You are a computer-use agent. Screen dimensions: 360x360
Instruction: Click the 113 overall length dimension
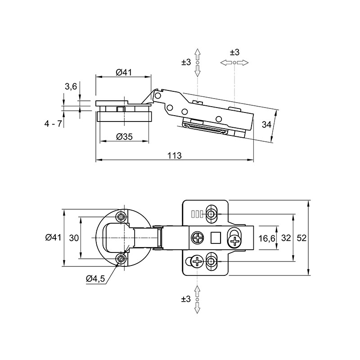(x=175, y=156)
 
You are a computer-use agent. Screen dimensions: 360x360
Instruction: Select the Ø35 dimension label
(x=125, y=137)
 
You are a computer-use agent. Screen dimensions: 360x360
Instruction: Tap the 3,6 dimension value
(x=71, y=87)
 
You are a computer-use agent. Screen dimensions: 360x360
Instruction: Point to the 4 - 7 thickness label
(x=53, y=124)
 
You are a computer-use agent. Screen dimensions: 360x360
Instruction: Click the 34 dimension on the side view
(x=266, y=125)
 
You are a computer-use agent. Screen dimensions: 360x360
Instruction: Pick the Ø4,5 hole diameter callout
(x=95, y=279)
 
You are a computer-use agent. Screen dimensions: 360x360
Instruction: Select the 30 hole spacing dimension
(x=74, y=238)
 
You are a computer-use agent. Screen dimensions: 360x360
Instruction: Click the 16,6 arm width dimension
(x=267, y=238)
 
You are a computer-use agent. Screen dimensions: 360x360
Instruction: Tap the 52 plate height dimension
(x=301, y=238)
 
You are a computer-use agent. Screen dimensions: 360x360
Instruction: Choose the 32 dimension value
(x=286, y=238)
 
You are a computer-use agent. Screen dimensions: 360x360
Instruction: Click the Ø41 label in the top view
(x=124, y=72)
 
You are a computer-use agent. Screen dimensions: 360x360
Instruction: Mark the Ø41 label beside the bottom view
(x=53, y=238)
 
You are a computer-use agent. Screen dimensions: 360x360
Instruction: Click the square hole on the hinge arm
(x=216, y=238)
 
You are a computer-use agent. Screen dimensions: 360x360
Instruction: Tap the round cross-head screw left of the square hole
(x=198, y=238)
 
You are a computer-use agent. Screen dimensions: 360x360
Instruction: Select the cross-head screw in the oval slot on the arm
(x=234, y=241)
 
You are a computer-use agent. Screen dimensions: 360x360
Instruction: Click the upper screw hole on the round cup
(x=121, y=216)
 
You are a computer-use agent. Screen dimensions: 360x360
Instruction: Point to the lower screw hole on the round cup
(x=121, y=259)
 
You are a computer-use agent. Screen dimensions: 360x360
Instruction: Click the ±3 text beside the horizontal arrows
(x=234, y=52)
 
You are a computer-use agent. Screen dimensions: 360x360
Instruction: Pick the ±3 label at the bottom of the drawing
(x=186, y=299)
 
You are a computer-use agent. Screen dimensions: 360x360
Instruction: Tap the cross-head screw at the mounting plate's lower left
(x=198, y=261)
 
